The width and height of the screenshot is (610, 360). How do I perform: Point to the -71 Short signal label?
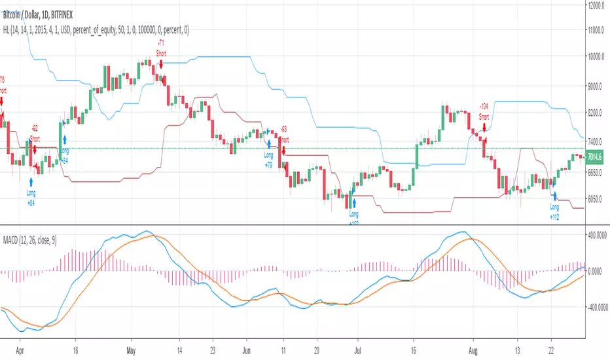[x=160, y=46]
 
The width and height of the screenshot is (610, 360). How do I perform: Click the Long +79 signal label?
[x=268, y=158]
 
